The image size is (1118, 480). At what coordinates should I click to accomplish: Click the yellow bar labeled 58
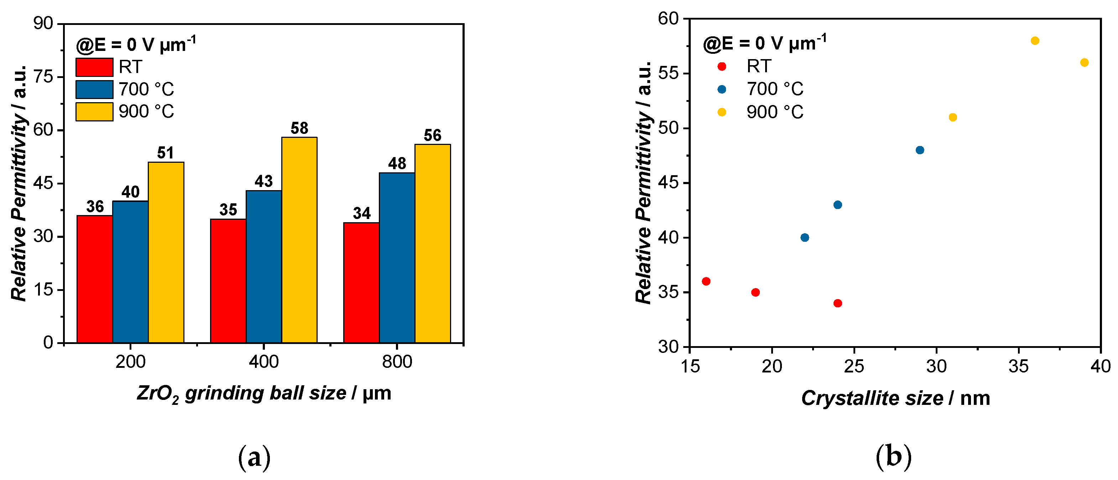299,240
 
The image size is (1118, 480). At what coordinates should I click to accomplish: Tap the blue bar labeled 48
397,257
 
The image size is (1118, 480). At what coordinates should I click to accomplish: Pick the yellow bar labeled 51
166,252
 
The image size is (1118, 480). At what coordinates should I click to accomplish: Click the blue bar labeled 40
130,272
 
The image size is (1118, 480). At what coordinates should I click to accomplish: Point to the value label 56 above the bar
432,135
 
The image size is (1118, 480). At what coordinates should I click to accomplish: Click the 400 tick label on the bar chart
263,361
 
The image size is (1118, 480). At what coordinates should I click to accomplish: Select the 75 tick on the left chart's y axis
43,77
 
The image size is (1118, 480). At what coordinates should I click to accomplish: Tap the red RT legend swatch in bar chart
94,67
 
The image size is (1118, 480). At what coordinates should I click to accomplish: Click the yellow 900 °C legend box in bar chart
94,111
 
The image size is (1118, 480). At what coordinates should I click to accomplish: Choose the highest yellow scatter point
1035,41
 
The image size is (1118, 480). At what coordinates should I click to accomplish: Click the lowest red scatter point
838,303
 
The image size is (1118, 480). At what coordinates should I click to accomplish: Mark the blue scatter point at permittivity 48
920,150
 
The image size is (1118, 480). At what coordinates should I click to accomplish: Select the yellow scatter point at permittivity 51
953,117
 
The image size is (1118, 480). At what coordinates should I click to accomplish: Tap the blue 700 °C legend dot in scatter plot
722,89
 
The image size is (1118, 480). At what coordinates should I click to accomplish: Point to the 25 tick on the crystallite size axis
854,367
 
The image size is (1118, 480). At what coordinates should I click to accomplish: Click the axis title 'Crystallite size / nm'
895,398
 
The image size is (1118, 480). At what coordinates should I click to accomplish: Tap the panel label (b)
893,456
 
